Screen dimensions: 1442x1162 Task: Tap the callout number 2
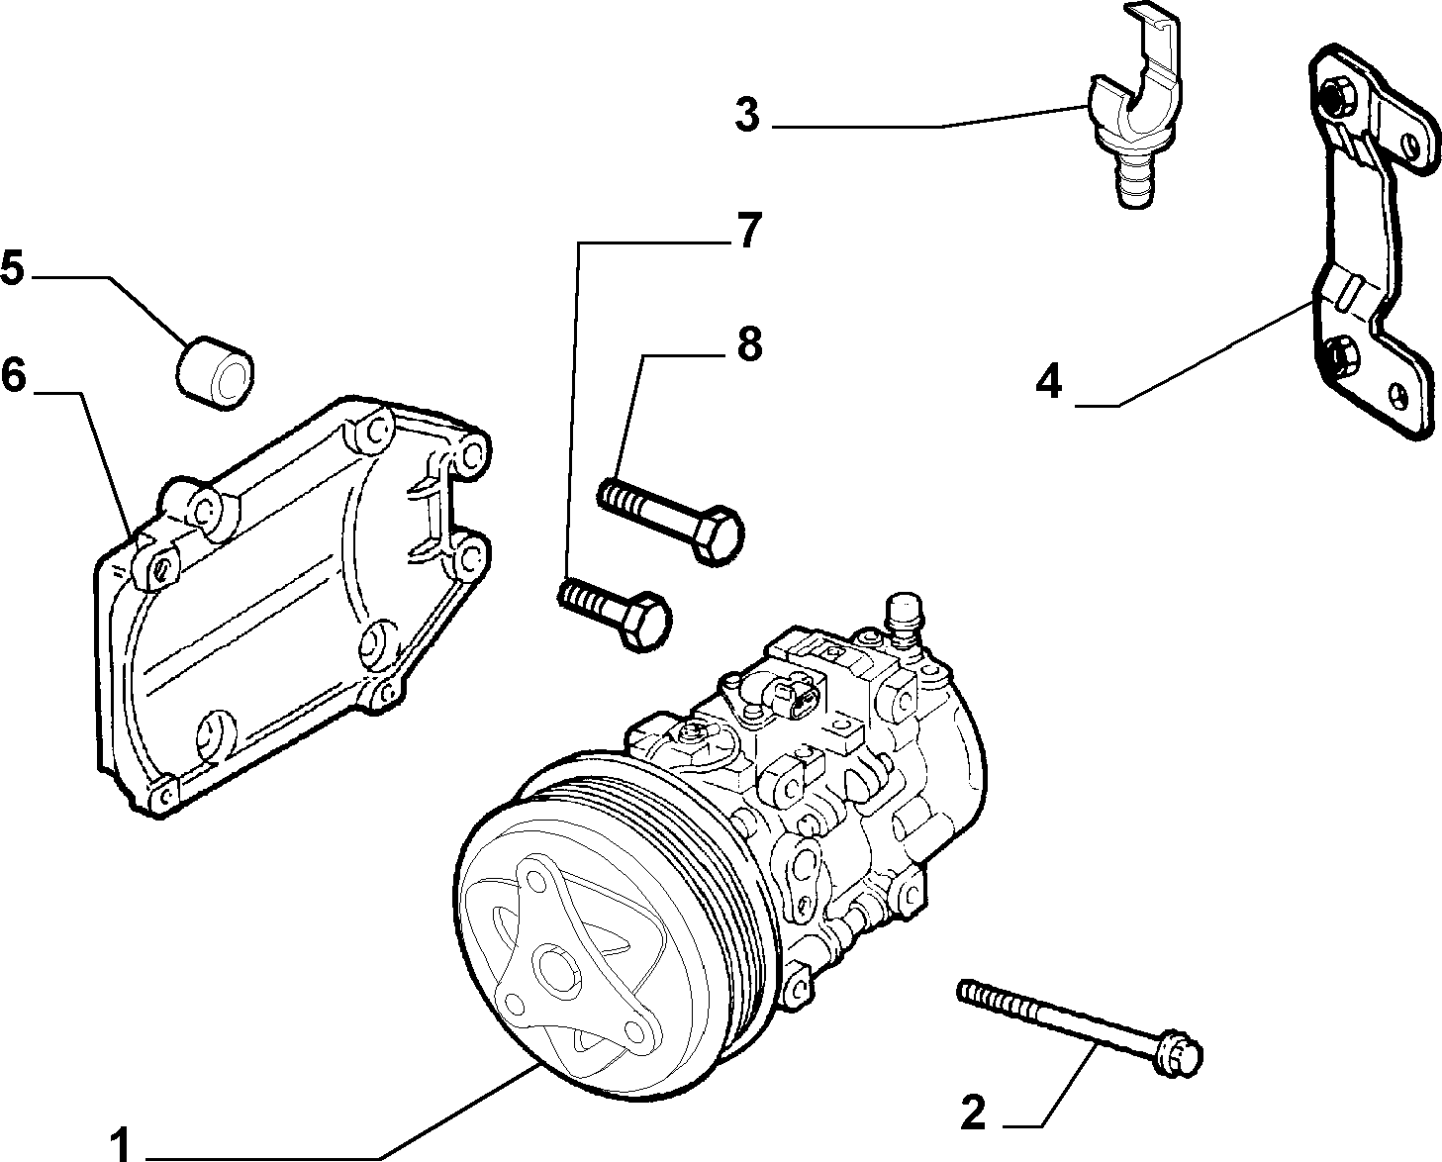tap(974, 1113)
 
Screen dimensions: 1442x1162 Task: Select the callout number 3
tap(748, 115)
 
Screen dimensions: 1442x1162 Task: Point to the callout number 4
tap(1049, 383)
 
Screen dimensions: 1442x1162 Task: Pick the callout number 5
tap(12, 266)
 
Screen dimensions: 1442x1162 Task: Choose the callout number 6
tap(13, 374)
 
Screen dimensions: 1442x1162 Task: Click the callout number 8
tap(749, 343)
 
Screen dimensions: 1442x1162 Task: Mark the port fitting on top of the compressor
tap(904, 621)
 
